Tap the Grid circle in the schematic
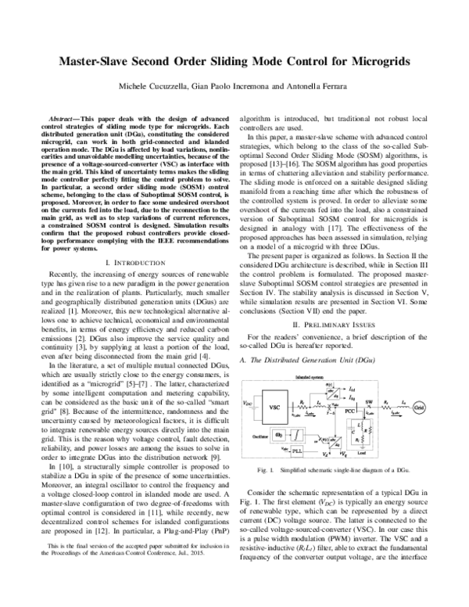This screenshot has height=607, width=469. tap(420, 408)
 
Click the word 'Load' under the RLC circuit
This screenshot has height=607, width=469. tap(362, 453)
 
